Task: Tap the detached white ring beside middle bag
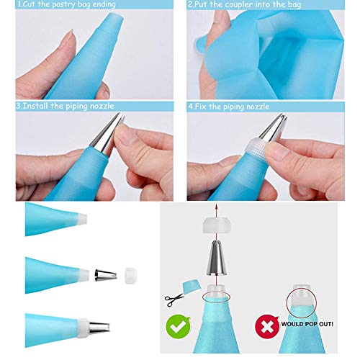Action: point(130,274)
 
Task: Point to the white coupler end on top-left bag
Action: point(82,219)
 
